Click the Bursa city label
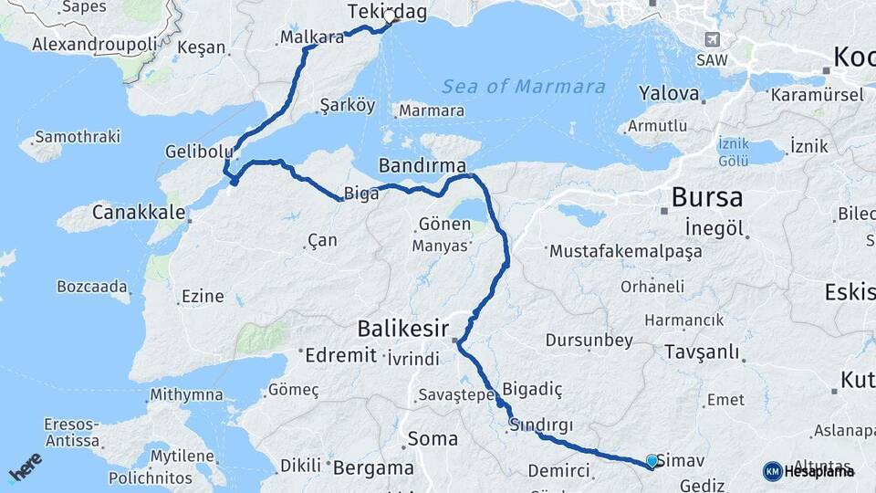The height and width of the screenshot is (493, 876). (x=706, y=197)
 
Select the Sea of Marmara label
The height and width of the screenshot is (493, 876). (x=524, y=88)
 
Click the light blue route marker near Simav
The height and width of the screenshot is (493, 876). (x=652, y=461)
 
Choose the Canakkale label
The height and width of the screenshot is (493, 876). (x=140, y=214)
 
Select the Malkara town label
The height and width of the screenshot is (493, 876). (x=313, y=37)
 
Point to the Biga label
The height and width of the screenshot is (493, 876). (x=356, y=194)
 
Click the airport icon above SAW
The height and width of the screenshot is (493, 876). (x=713, y=39)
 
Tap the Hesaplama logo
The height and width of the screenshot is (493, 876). (x=808, y=471)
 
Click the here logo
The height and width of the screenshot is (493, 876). (x=25, y=467)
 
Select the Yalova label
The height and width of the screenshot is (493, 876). (x=669, y=94)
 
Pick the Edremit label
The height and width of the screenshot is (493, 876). (x=340, y=355)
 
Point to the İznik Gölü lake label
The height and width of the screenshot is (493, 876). (x=733, y=152)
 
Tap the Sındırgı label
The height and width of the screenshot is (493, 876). (x=541, y=425)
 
